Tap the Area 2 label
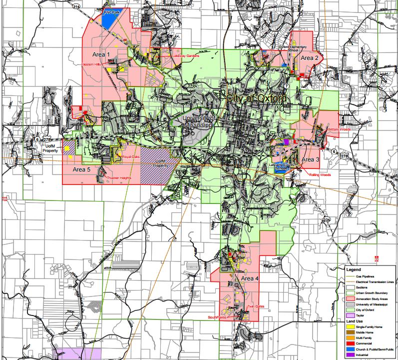309,58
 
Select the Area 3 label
310,159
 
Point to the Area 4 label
250,278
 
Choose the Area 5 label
82,169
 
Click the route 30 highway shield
373,68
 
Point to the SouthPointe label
218,317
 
